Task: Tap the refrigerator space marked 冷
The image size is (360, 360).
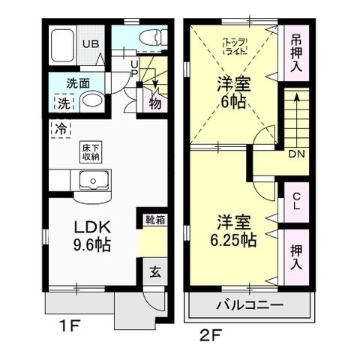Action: (x=59, y=128)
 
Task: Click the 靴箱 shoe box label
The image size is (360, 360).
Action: (x=151, y=220)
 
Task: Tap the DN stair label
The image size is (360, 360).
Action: (x=296, y=155)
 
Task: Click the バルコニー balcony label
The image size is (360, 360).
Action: (x=250, y=306)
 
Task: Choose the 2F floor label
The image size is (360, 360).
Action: (x=208, y=332)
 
